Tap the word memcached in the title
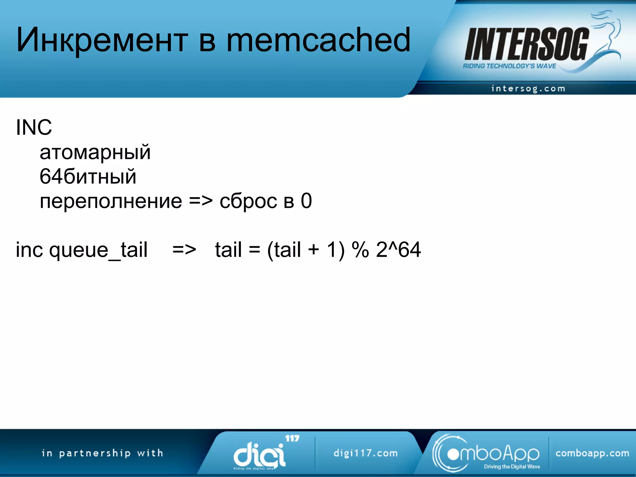tap(318, 40)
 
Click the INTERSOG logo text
tap(526, 44)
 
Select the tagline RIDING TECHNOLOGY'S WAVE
tap(509, 66)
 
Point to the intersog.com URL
tap(528, 89)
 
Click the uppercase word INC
tap(34, 127)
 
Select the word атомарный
tap(95, 152)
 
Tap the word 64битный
tap(88, 177)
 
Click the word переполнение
tap(111, 201)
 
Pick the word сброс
tap(248, 201)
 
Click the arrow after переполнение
tap(201, 201)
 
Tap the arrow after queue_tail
tap(184, 250)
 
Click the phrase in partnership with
tap(102, 453)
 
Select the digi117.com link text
tap(366, 453)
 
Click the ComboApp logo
tap(486, 453)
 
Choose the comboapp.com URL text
tap(592, 453)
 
